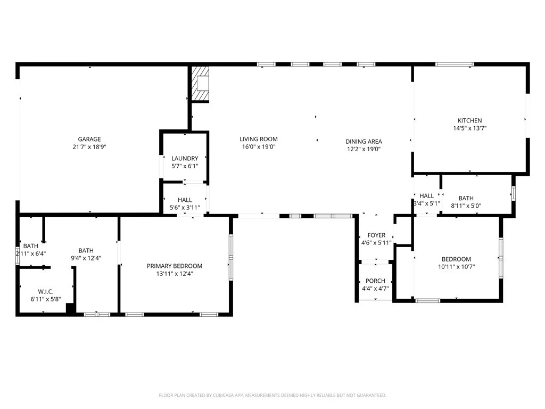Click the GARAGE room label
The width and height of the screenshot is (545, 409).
89,139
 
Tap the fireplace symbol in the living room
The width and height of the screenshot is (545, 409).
201,84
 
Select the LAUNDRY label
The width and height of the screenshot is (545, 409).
185,158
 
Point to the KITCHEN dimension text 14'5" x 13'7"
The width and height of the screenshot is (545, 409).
469,128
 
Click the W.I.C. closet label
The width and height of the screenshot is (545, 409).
46,291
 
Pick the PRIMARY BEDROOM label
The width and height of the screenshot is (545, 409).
175,266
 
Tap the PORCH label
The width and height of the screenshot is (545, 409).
375,281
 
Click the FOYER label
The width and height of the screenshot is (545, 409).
376,235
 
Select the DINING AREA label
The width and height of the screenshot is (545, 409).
364,142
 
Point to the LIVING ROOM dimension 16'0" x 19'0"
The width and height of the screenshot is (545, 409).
259,147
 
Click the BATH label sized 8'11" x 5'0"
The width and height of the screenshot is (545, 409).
466,198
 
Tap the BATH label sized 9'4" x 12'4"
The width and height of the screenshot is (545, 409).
86,250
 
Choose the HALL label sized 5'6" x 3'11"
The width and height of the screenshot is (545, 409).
185,200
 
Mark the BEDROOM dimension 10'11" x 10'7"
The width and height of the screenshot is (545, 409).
456,267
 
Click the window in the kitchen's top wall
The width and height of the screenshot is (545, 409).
455,64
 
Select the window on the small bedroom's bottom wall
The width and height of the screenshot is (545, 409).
428,300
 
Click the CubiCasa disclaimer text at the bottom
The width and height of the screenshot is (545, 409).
272,395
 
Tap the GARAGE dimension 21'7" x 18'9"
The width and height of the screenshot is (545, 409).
89,147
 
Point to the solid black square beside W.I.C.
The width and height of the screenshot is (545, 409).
71,308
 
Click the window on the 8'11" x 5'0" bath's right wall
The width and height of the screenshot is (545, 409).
514,193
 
